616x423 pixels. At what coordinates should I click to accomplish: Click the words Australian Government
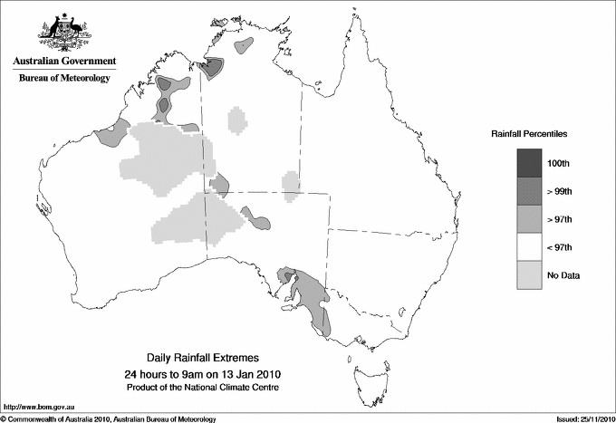[x=64, y=62]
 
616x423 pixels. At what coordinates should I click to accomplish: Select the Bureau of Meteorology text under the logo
[x=64, y=79]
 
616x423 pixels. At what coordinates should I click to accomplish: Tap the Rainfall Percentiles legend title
[x=529, y=133]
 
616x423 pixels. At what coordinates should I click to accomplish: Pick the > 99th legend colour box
[x=530, y=190]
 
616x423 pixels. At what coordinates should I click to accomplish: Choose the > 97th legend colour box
[x=530, y=218]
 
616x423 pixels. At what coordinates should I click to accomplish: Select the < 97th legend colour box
[x=530, y=246]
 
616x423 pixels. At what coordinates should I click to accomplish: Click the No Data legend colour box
[x=530, y=274]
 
